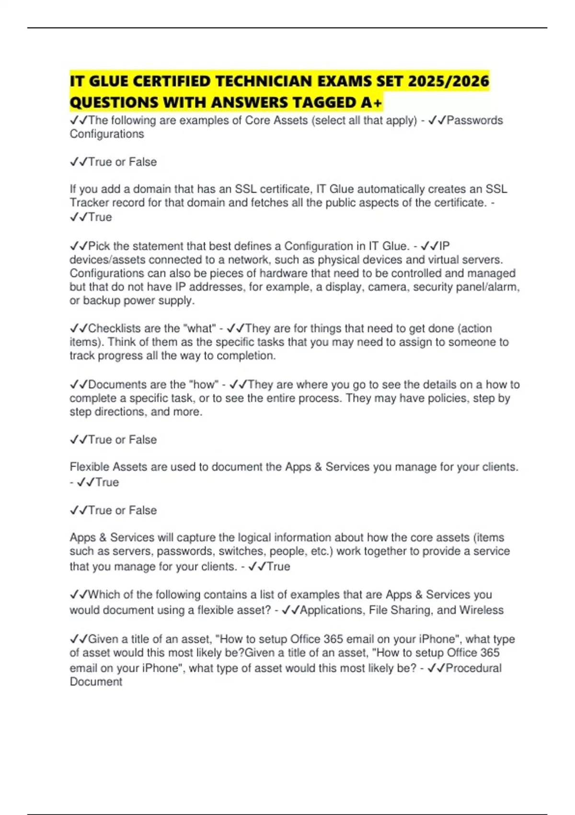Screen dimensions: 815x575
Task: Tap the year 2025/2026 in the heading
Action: pos(448,81)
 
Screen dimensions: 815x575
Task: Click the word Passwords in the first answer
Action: pos(474,120)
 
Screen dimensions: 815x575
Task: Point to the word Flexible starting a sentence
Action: pos(89,467)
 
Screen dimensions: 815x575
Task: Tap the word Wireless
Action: pos(481,610)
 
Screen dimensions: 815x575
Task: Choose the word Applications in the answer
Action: pos(331,610)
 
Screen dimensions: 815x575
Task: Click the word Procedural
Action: pos(473,668)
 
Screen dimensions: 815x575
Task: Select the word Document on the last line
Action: pos(96,682)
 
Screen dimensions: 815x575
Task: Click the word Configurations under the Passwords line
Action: pos(107,134)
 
